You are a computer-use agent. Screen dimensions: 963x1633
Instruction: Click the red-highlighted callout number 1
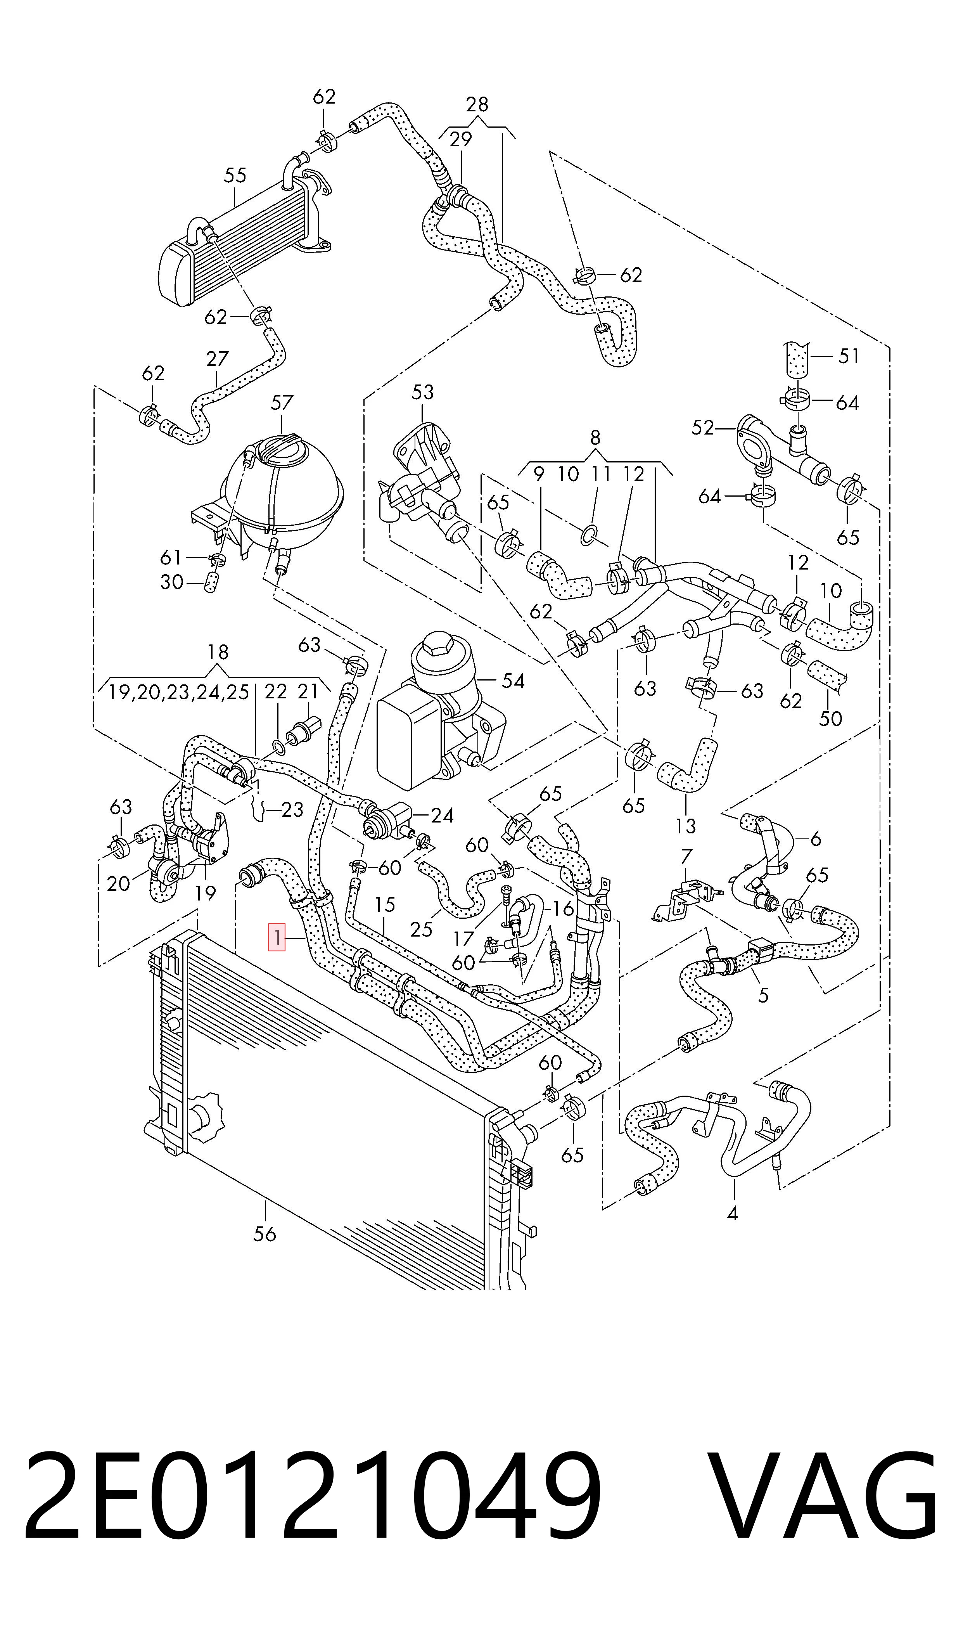(277, 937)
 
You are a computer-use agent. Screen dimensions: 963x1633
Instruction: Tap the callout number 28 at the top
(477, 104)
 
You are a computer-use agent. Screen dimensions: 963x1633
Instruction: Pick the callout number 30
(172, 582)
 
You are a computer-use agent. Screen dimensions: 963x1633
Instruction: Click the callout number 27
(218, 359)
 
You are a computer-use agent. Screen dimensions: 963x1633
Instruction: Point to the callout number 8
(596, 438)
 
